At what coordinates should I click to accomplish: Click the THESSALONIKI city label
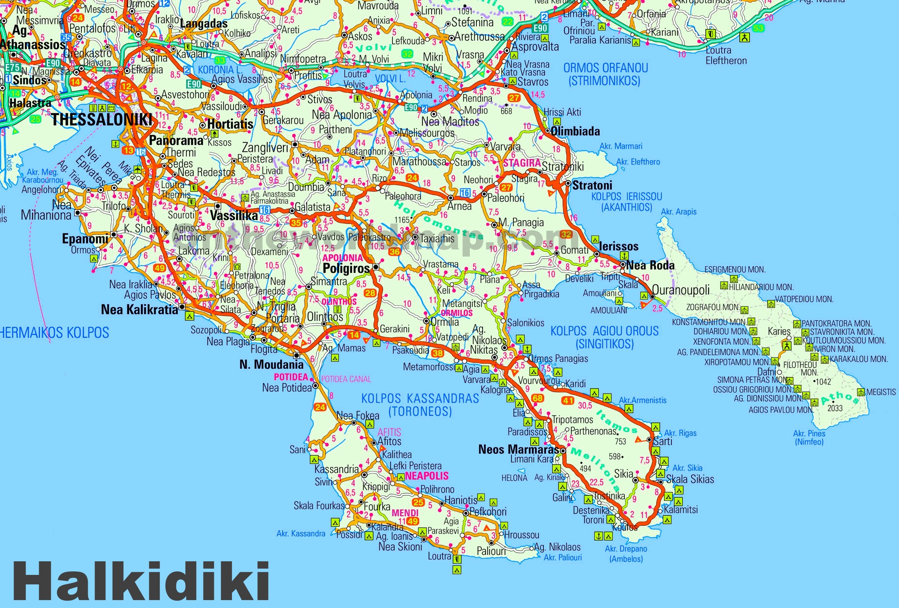click(x=102, y=120)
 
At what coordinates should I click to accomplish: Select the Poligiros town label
click(x=346, y=268)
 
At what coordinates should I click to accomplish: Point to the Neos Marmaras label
click(x=518, y=450)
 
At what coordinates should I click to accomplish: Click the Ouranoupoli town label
click(x=681, y=290)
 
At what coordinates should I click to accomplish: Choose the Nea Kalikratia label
click(x=139, y=310)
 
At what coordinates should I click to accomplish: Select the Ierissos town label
click(x=618, y=246)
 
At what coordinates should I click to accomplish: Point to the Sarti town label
click(x=662, y=441)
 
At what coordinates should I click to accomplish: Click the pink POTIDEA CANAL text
click(x=346, y=379)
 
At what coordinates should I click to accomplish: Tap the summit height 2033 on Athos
click(x=835, y=408)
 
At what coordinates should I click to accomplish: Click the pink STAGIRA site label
click(x=522, y=163)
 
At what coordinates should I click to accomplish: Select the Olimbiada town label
click(x=575, y=131)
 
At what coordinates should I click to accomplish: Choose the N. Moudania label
click(x=271, y=365)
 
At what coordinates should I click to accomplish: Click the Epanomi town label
click(x=85, y=239)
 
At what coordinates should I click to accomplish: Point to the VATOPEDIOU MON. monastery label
click(x=804, y=299)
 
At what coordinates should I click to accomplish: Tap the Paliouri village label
click(x=491, y=551)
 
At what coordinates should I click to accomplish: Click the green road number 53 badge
click(x=759, y=28)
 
